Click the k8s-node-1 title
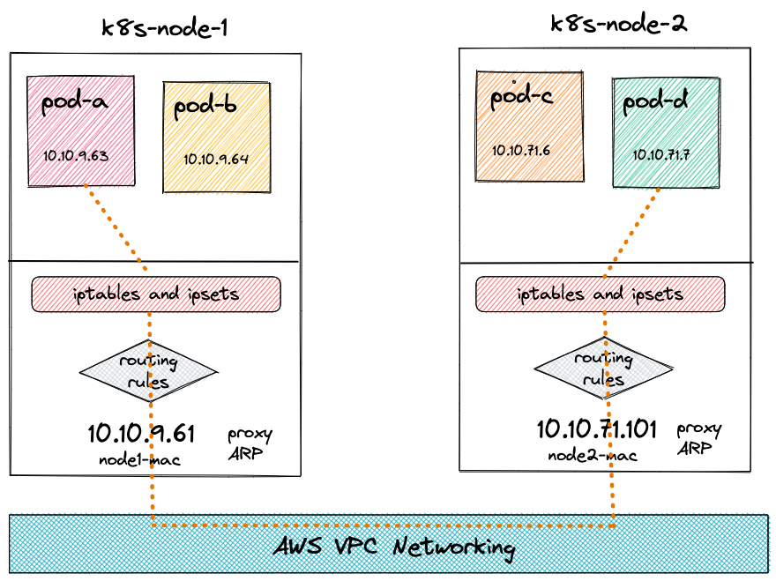point(165,27)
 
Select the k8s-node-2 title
point(618,24)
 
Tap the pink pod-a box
point(81,130)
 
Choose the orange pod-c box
point(529,126)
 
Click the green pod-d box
point(666,132)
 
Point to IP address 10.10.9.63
point(75,156)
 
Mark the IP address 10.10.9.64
point(216,160)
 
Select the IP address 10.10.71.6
point(521,150)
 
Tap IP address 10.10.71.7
point(660,154)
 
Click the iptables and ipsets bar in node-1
point(156,294)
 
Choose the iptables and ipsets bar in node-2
point(601,293)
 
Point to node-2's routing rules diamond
point(603,369)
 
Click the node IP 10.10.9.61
point(141,433)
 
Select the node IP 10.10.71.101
point(597,430)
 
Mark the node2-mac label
point(592,455)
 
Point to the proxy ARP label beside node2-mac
point(699,439)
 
